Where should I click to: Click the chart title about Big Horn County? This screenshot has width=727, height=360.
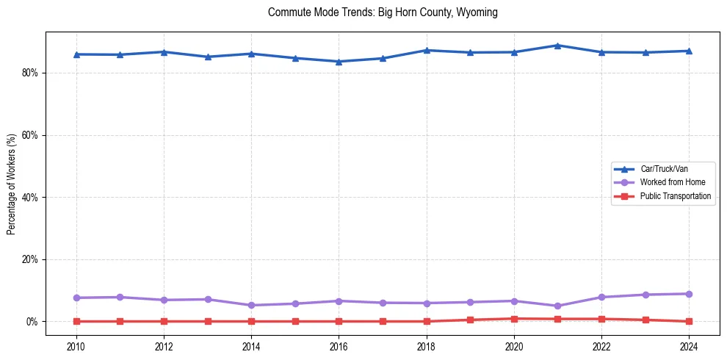point(383,12)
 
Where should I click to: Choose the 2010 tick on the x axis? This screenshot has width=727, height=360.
point(76,345)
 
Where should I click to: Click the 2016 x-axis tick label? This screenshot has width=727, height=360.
point(339,345)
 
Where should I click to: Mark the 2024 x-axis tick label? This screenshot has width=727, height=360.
point(689,345)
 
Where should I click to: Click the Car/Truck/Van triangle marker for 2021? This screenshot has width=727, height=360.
point(557,46)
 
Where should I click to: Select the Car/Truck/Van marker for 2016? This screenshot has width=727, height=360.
point(339,62)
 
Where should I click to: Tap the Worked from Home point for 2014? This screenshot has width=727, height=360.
point(251,305)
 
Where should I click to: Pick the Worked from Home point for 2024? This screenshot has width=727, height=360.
point(689,294)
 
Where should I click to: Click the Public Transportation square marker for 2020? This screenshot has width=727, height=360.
point(514,319)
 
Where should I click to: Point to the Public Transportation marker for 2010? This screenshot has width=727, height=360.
point(76,321)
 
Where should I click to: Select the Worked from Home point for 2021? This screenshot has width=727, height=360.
point(557,306)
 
